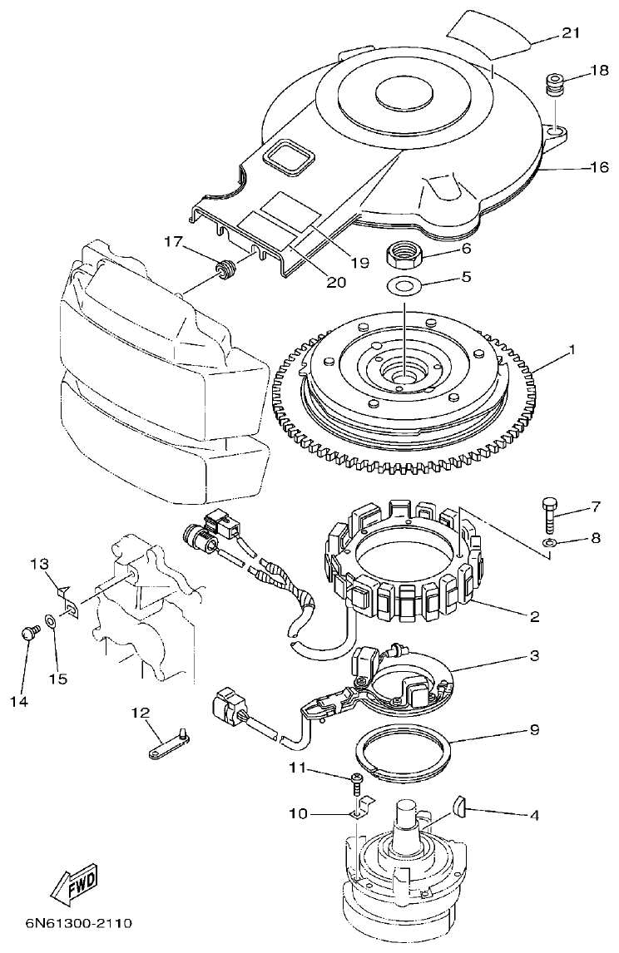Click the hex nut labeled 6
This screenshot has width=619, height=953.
[x=404, y=254]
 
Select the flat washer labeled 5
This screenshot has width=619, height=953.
[x=404, y=287]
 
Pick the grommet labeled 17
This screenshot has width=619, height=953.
[x=223, y=270]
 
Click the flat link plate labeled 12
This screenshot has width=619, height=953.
[x=167, y=743]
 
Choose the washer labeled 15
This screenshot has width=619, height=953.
[x=52, y=621]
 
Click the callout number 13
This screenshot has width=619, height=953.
[x=40, y=565]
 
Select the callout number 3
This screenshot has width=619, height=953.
[x=532, y=656]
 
